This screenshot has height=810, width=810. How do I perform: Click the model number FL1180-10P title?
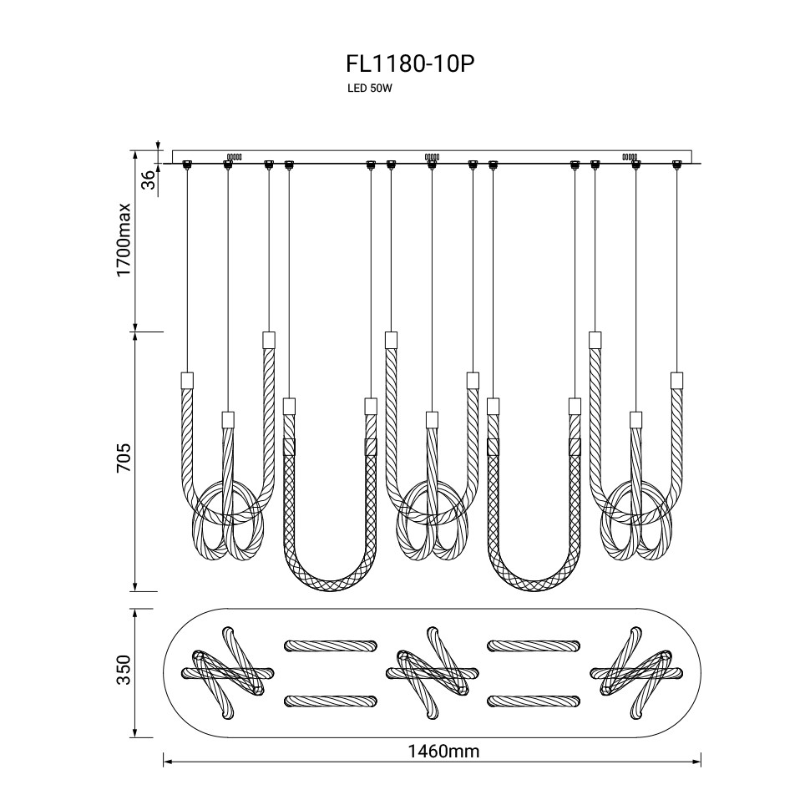click(x=403, y=64)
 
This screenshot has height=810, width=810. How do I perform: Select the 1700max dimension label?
click(x=124, y=240)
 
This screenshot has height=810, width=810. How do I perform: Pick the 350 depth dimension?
click(x=124, y=673)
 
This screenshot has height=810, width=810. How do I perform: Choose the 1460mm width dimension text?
click(x=443, y=751)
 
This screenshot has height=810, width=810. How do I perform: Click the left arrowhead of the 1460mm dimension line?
click(x=166, y=762)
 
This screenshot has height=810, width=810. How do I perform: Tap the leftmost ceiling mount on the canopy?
click(x=186, y=164)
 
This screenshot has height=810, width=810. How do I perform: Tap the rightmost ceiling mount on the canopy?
click(x=676, y=164)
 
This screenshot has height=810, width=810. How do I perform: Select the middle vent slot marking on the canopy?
click(x=432, y=156)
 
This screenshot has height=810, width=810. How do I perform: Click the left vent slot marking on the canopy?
click(x=234, y=156)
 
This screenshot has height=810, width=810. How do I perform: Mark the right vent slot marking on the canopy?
click(x=630, y=156)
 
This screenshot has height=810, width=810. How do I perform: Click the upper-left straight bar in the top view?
click(x=330, y=645)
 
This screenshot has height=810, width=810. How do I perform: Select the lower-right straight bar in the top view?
click(x=533, y=700)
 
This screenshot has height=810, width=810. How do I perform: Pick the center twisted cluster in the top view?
click(x=432, y=672)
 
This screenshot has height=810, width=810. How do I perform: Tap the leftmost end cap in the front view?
click(x=187, y=380)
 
